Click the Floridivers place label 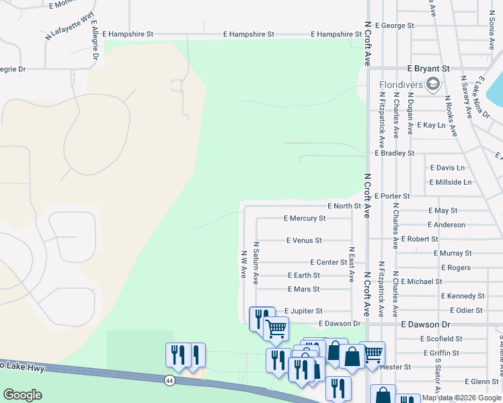(x=401, y=85)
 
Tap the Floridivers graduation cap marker (x=432, y=84)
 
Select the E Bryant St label (x=428, y=69)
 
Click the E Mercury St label (x=305, y=218)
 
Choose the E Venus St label (x=304, y=240)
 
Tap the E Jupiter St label (x=303, y=311)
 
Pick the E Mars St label (x=303, y=289)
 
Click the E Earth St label (x=303, y=275)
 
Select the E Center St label (x=328, y=262)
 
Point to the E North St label (x=344, y=206)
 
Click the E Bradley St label (x=395, y=153)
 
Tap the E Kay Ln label (x=431, y=125)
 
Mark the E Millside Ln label (x=450, y=182)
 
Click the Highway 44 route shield (x=168, y=379)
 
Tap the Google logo (x=23, y=395)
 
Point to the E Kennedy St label (x=463, y=296)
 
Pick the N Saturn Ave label (x=256, y=263)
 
